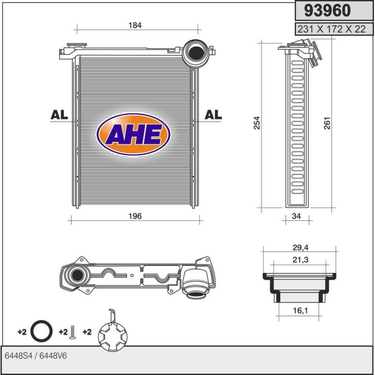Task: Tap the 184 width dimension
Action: pyautogui.click(x=135, y=25)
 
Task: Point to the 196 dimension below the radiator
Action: pyautogui.click(x=135, y=216)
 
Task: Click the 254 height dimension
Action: pyautogui.click(x=257, y=122)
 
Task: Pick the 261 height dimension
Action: pyautogui.click(x=327, y=122)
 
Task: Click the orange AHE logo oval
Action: pyautogui.click(x=134, y=134)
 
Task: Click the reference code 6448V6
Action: pyautogui.click(x=54, y=355)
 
